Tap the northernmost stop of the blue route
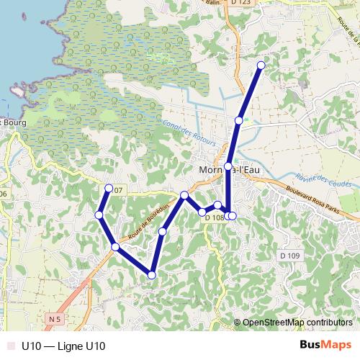pyautogui.click(x=261, y=66)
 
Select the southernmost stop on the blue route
pyautogui.click(x=152, y=274)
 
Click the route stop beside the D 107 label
pyautogui.click(x=109, y=189)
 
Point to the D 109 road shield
pyautogui.click(x=289, y=256)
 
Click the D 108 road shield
pyautogui.click(x=214, y=217)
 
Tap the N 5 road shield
pyautogui.click(x=55, y=318)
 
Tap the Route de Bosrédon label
pyautogui.click(x=148, y=222)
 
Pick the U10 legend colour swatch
pyautogui.click(x=9, y=346)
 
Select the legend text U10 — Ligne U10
pyautogui.click(x=63, y=346)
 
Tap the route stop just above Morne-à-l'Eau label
pyautogui.click(x=228, y=166)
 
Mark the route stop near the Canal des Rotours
pyautogui.click(x=238, y=120)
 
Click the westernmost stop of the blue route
pyautogui.click(x=99, y=215)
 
